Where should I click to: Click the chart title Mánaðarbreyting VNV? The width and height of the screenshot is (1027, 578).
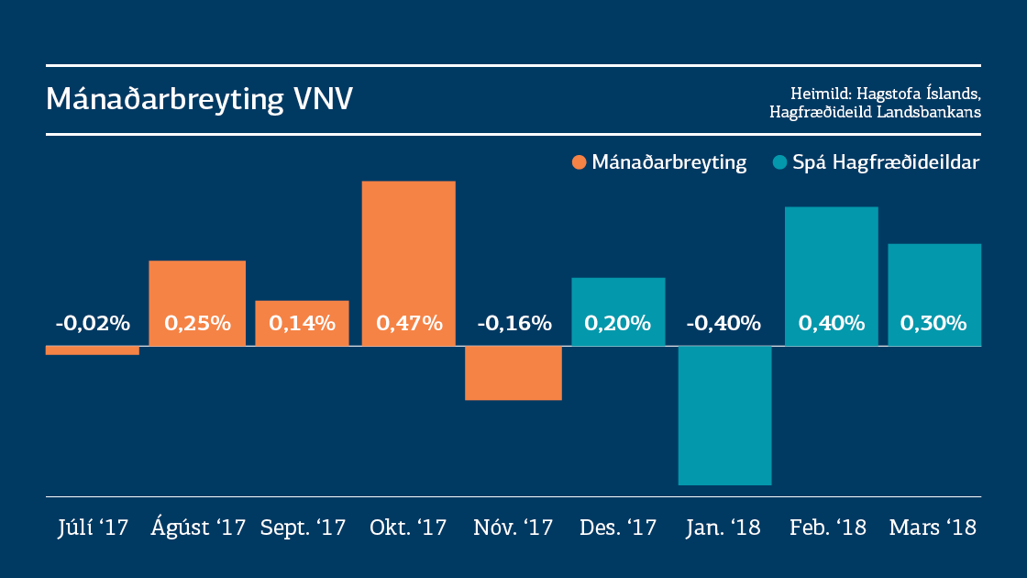pos(199,99)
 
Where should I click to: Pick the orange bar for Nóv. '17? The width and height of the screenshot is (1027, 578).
pos(513,372)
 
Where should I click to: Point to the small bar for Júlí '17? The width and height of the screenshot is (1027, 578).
pos(93,350)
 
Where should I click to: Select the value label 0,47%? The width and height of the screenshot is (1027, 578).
pos(409,323)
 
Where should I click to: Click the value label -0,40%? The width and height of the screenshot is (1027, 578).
pos(724,323)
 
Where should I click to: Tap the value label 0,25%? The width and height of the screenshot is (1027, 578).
pos(197,323)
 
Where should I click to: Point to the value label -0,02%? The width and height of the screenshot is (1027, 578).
pos(93,323)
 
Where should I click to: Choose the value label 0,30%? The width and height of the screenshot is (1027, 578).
pos(933,323)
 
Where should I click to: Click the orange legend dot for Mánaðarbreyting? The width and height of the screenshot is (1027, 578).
pos(579,162)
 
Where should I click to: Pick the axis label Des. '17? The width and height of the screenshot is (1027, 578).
pos(618,528)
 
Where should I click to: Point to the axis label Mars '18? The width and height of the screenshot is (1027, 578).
pos(933,528)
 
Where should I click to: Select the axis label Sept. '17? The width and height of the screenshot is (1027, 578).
pos(303,528)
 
